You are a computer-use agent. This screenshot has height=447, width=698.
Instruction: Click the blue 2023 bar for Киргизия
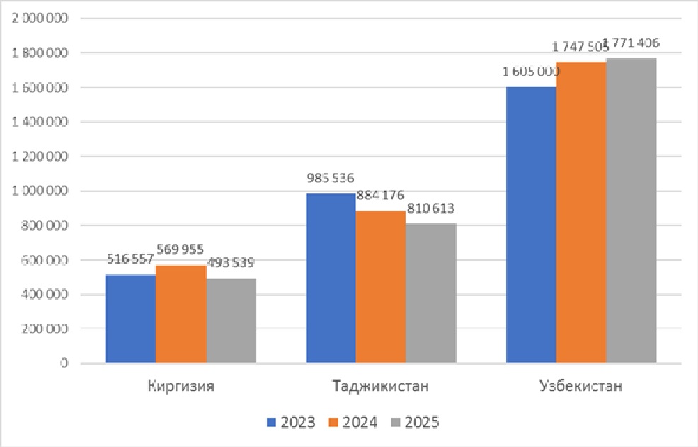[130, 319]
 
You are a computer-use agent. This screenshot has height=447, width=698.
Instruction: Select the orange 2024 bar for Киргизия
[181, 314]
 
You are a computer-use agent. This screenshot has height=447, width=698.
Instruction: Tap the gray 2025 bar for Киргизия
[231, 321]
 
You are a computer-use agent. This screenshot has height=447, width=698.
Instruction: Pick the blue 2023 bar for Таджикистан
[331, 278]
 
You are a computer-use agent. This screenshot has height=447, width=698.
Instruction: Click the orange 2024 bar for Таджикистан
[381, 287]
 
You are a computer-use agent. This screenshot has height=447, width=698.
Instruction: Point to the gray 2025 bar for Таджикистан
[431, 293]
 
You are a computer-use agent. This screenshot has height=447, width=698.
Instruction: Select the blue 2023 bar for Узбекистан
[531, 225]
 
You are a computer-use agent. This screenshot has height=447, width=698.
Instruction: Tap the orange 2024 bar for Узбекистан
[581, 213]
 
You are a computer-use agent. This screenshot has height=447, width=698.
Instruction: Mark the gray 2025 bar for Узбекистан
[631, 210]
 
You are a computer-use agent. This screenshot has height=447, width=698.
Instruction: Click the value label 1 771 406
[632, 43]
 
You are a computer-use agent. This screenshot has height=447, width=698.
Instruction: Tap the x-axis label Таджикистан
[380, 387]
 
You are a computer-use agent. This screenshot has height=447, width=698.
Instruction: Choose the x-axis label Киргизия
[181, 387]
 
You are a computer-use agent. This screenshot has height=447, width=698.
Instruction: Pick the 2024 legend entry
[353, 422]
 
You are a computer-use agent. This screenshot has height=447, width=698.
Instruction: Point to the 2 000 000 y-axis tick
[40, 18]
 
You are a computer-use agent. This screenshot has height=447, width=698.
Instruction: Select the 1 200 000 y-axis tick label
[40, 157]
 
